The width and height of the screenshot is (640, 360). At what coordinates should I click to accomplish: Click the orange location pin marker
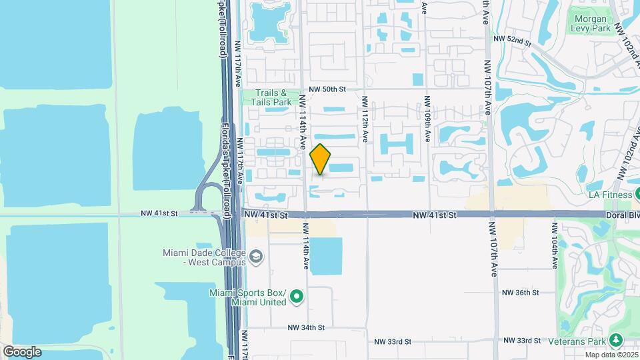pos(321,159)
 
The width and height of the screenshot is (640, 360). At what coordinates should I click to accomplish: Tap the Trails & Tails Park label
pos(271,98)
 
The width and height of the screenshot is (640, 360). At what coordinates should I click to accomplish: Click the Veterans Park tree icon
pos(616,341)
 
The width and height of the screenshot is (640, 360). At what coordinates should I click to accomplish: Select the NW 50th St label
pos(328,89)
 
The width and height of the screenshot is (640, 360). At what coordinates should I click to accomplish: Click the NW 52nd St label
pos(512,40)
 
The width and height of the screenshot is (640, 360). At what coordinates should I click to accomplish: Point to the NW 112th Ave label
pos(365,119)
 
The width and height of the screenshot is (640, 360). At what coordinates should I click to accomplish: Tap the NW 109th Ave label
pos(427,119)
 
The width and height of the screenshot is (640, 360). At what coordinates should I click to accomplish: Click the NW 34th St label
pos(306,327)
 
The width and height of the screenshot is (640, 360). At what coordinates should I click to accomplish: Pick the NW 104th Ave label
pos(554,245)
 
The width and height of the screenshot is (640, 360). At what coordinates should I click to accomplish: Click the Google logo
pos(21,351)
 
